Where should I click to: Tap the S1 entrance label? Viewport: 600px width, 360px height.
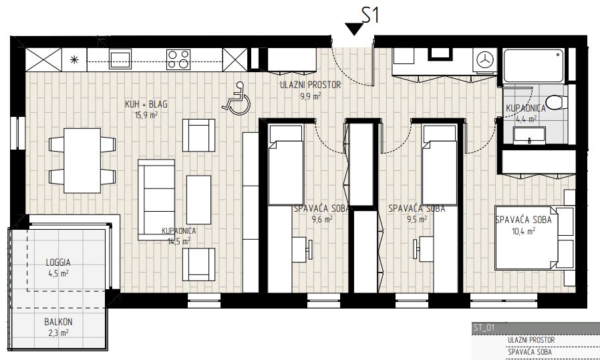pos(370,16)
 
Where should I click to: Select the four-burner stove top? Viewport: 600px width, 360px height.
pos(178,59)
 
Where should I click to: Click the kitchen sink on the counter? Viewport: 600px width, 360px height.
pos(120,59)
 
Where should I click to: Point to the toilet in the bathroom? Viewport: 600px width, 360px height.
pos(556,102)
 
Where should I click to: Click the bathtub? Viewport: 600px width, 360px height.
pos(534,65)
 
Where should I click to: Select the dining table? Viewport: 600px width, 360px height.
pos(82,161)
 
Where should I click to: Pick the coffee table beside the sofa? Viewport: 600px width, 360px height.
pos(198,200)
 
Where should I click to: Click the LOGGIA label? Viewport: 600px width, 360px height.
pos(58,263)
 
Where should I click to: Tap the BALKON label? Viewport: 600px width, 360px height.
pos(58,322)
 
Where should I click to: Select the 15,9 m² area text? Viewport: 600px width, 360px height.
pos(146,114)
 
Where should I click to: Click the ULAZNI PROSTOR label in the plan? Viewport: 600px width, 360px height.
pos(310,85)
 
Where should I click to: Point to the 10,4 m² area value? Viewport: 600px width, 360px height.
pos(523,231)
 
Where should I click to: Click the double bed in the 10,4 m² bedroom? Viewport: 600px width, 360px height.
pos(535,238)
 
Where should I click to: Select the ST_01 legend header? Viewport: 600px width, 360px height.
pos(484,327)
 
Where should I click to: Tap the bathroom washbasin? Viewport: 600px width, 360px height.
pos(530,136)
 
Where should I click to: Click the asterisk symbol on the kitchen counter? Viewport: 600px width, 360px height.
pos(74,59)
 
